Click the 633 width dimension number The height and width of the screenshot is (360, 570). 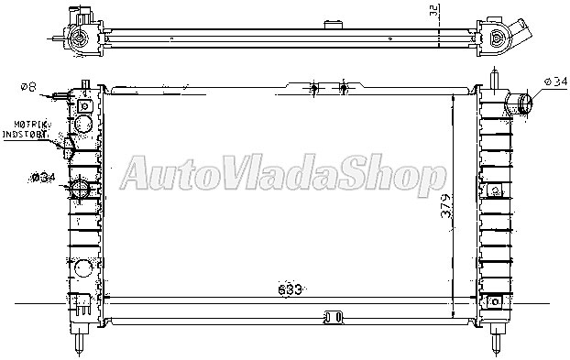pos(290,289)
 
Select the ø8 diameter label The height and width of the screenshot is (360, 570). pos(27,88)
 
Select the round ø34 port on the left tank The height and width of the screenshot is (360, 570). pos(81,191)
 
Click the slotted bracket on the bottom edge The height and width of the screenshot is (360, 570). pos(331,318)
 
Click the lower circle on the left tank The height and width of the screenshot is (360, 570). pos(82,268)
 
